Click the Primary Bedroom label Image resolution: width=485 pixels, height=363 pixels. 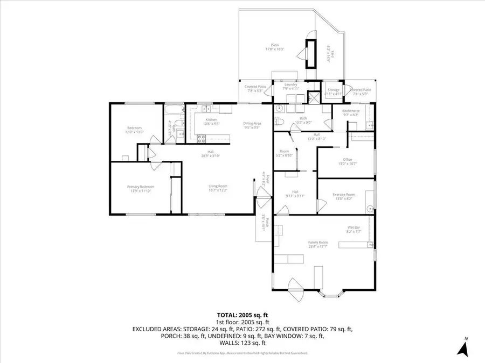pos(137,187)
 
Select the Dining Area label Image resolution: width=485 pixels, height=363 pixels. pos(252,123)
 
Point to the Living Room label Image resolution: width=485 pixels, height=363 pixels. pos(218,187)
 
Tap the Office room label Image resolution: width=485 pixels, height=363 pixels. pos(348,160)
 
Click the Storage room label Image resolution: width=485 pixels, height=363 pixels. pos(334,90)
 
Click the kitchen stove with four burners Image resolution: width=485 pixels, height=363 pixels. pos(200,138)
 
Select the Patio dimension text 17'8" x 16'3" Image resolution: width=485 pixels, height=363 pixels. pos(275,49)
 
